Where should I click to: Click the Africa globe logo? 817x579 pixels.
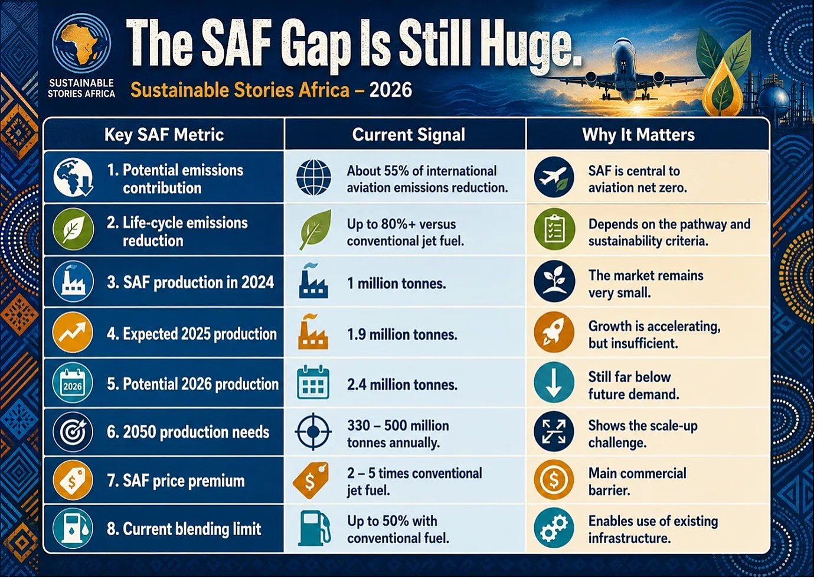(81, 44)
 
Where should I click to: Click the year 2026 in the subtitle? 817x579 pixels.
(391, 90)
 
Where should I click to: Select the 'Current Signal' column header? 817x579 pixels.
(408, 134)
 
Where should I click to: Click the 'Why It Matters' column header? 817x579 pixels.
(638, 134)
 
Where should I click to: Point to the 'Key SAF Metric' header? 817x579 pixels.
(164, 134)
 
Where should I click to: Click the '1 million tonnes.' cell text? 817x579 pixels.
(396, 283)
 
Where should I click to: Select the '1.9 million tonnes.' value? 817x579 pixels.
(402, 334)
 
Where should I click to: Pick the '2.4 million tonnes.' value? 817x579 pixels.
(402, 385)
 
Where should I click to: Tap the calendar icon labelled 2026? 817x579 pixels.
(73, 383)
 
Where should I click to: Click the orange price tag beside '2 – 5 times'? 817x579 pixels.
(311, 480)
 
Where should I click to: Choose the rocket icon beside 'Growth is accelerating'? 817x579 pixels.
(554, 332)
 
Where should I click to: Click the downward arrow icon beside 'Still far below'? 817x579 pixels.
(554, 383)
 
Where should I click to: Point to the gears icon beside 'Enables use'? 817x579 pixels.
(554, 528)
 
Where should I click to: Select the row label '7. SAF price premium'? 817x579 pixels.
(176, 480)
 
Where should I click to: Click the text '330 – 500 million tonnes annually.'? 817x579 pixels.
(398, 434)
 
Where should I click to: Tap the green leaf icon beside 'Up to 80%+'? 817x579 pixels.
(315, 230)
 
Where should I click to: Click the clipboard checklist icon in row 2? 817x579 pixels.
(554, 229)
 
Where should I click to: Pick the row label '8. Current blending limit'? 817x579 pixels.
(184, 529)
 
